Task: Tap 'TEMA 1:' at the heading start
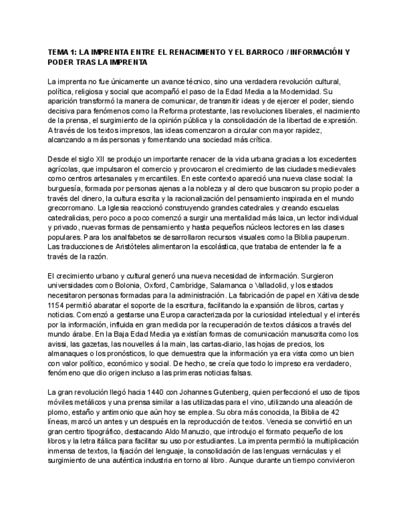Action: click(x=61, y=54)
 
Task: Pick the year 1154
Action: click(x=57, y=305)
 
